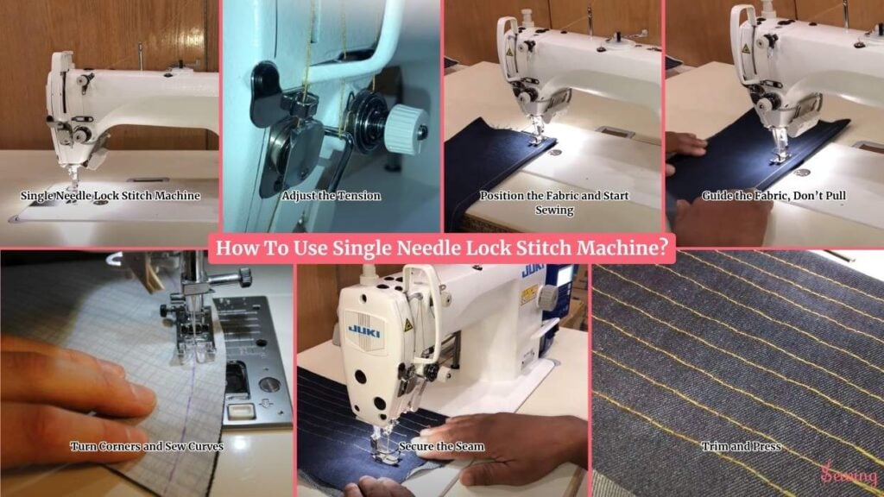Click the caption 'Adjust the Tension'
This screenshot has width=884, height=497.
click(331, 196)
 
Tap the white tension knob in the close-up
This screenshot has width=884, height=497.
click(407, 129)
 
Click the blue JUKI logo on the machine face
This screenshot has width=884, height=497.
click(364, 330)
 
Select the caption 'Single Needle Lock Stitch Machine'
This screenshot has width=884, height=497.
click(110, 196)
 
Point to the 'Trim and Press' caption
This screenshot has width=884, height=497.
click(742, 446)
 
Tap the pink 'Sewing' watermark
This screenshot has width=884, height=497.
click(849, 475)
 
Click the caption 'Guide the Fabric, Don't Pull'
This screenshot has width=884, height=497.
click(773, 196)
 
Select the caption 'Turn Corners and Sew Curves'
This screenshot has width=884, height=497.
click(147, 446)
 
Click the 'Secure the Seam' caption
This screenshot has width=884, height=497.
click(441, 446)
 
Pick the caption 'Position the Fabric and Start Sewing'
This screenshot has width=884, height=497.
click(554, 202)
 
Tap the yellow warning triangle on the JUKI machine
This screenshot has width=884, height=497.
click(408, 325)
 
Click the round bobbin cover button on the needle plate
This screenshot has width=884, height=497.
click(269, 386)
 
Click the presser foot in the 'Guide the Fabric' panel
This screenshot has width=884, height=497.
click(779, 148)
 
